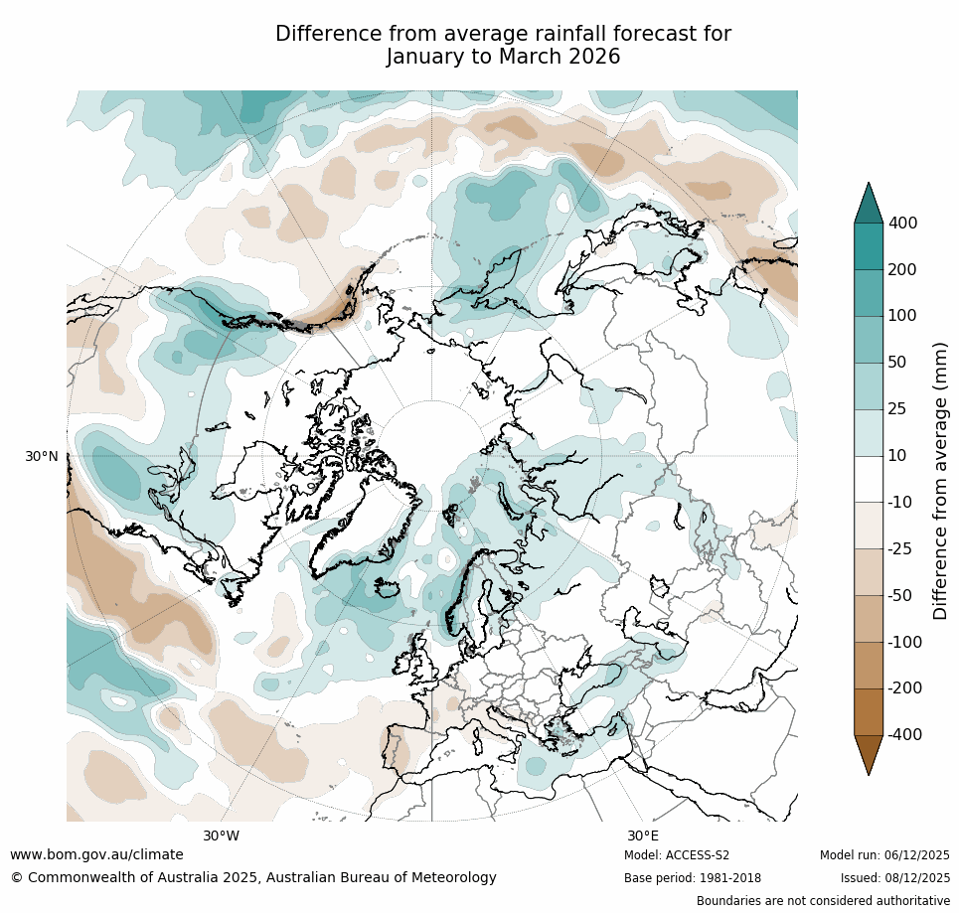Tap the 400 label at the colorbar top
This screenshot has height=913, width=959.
(902, 224)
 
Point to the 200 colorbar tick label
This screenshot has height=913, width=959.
(902, 270)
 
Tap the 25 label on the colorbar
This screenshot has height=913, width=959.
(897, 409)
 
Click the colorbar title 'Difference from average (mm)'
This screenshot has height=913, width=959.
(940, 481)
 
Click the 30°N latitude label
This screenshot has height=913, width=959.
(41, 456)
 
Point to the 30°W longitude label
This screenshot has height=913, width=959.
(221, 836)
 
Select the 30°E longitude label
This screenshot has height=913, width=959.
(643, 836)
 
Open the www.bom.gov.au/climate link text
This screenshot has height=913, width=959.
(96, 854)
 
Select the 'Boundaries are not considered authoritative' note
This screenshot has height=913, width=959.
(823, 901)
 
